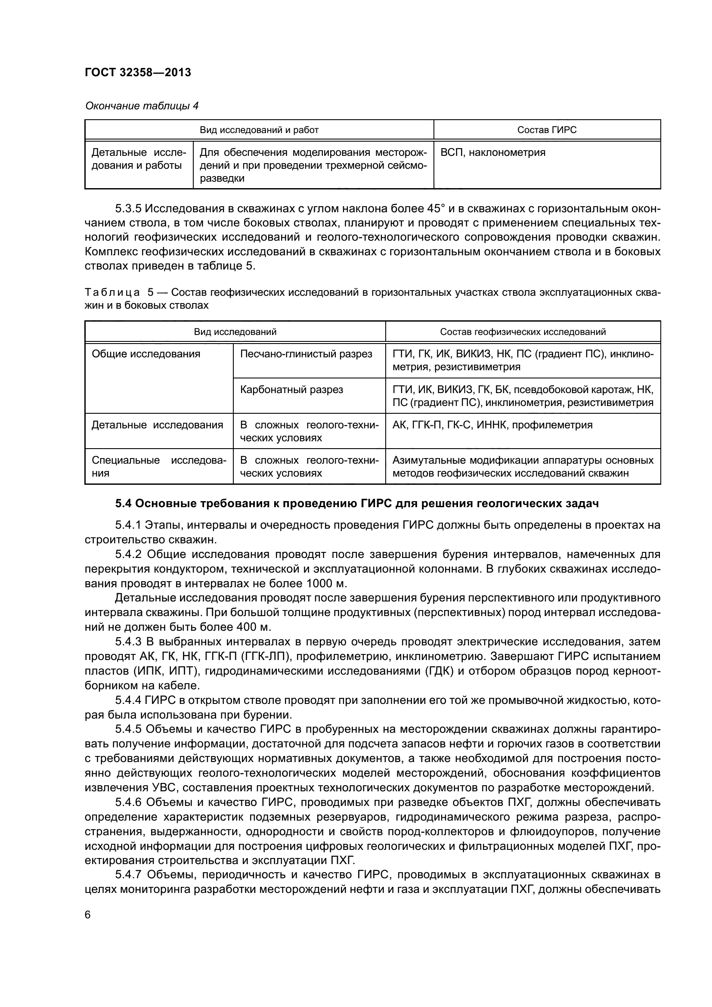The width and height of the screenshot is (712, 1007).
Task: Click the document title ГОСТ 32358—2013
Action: [x=138, y=72]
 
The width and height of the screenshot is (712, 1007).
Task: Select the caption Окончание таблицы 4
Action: [x=142, y=106]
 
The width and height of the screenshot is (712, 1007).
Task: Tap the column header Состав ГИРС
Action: [x=547, y=130]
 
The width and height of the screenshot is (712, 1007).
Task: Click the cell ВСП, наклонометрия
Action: [x=493, y=153]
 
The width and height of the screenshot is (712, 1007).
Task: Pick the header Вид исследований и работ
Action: [x=259, y=130]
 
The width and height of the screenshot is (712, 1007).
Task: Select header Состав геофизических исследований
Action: [x=523, y=332]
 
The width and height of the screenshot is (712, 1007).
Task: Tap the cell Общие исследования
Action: [x=145, y=354]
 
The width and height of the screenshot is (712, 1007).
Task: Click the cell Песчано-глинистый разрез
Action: [x=306, y=354]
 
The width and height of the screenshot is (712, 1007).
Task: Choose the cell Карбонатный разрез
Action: [x=291, y=390]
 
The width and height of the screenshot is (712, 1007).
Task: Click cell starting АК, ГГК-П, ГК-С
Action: [x=492, y=424]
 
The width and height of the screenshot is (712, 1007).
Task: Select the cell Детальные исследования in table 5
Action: [x=157, y=424]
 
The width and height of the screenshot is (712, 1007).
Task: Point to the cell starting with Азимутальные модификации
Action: [x=523, y=466]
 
